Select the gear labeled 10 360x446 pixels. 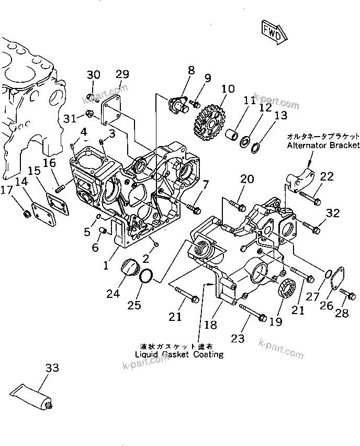point(211,125)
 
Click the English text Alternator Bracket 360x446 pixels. point(323,145)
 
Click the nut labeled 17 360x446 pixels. point(25,213)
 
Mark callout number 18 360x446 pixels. point(210,325)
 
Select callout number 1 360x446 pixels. point(106,265)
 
